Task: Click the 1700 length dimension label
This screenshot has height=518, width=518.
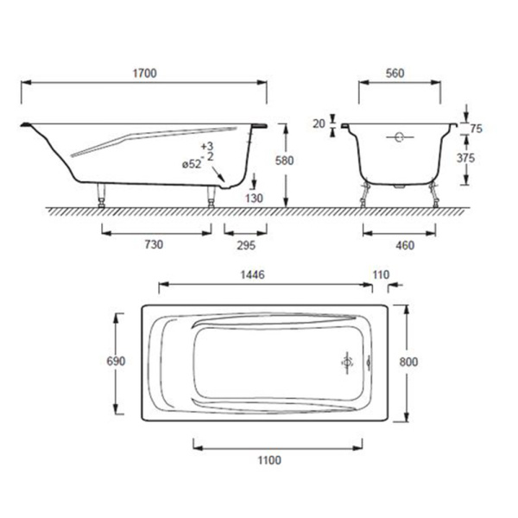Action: coord(144,73)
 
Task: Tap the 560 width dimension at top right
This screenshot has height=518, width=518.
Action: coord(395,73)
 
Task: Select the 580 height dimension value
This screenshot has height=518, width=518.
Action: coord(284,161)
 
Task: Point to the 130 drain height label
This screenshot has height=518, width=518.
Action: coord(254,199)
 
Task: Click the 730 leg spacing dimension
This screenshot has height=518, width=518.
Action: coord(154,244)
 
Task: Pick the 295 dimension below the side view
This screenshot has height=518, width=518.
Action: coord(246,245)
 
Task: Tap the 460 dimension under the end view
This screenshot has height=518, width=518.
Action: coord(405,245)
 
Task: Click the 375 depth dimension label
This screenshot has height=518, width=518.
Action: coord(465,158)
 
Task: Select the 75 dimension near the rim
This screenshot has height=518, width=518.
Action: coord(476,129)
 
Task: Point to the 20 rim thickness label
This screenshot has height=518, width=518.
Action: coord(319,123)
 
